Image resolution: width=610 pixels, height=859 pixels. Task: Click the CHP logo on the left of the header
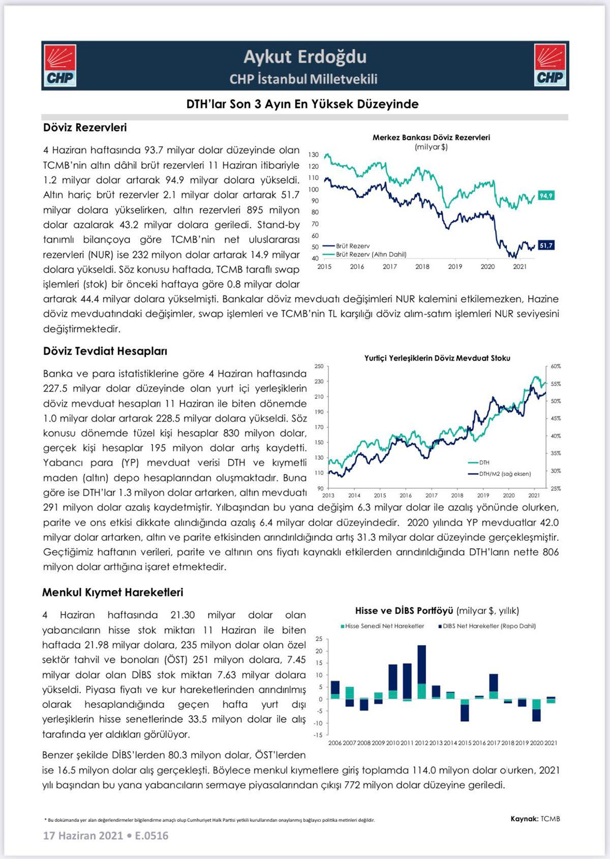pos(60,66)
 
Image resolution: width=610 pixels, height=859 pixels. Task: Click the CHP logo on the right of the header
pos(550,65)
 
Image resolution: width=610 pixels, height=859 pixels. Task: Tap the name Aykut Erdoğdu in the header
pos(304,56)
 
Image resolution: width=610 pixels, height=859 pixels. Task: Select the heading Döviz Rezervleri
pos(85,128)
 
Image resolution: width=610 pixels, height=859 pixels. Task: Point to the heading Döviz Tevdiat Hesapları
pos(105,351)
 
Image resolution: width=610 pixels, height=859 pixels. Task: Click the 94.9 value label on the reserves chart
pos(546,196)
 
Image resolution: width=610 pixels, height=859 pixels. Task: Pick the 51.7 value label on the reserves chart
pos(546,246)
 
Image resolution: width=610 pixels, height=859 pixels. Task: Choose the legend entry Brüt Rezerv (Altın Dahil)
pos(371,254)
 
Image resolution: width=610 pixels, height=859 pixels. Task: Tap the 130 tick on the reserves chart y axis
pos(314,155)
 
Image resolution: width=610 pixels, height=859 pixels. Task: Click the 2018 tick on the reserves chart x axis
pos(422,266)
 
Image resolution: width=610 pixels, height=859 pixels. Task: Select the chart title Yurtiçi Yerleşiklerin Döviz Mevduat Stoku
pos(437,358)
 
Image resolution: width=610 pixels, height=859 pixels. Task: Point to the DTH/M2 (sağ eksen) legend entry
pos(504,473)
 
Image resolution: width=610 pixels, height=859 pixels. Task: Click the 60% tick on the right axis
pos(556,366)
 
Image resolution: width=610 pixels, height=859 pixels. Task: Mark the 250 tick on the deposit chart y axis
pos(319,366)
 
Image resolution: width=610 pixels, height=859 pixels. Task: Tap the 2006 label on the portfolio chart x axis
pos(335,743)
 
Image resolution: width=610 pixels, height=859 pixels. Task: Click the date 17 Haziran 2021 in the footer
pos(83,836)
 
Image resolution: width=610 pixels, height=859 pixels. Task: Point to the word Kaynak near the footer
pos(524,819)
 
